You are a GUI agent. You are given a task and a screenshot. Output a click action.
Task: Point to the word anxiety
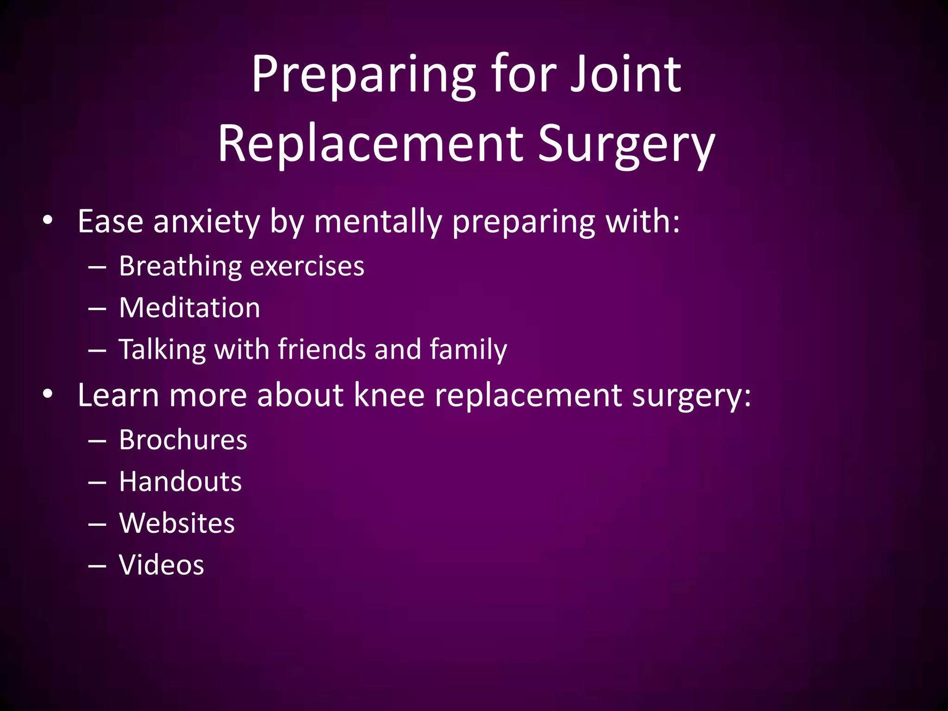(x=206, y=222)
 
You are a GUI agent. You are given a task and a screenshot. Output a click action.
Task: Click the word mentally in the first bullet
(x=378, y=222)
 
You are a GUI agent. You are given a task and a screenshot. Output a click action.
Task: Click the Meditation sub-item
(x=189, y=308)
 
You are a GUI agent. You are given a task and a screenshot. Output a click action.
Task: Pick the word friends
(x=322, y=349)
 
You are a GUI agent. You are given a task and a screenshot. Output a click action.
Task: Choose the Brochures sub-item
(x=183, y=440)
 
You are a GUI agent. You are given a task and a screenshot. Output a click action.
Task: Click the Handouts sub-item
(x=180, y=481)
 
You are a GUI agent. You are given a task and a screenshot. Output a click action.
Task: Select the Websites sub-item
(x=177, y=523)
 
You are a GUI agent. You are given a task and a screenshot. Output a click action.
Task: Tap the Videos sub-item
(x=161, y=565)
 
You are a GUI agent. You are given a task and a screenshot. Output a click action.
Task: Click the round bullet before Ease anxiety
(x=47, y=221)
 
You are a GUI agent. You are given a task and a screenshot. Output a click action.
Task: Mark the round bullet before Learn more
(x=47, y=395)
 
